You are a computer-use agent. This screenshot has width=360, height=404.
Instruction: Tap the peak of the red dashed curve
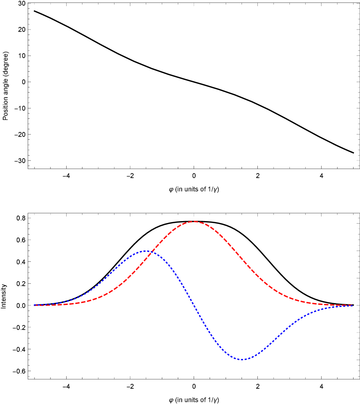(194, 221)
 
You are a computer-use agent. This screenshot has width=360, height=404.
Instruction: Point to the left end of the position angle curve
(34, 11)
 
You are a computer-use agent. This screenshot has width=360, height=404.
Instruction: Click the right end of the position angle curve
(354, 153)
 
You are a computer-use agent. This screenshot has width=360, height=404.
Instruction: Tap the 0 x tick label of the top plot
(194, 176)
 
